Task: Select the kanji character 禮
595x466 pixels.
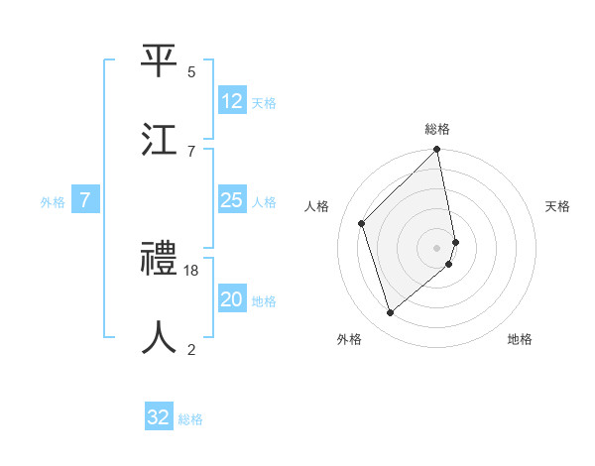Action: (160, 259)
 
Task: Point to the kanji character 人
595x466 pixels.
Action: (160, 337)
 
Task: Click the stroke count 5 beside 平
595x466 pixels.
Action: (191, 71)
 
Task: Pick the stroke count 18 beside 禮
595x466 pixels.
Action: (191, 271)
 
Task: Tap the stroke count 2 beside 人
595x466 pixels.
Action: (191, 349)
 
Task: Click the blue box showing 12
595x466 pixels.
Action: (232, 101)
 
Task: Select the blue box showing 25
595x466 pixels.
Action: (232, 200)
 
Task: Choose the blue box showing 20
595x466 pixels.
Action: (232, 299)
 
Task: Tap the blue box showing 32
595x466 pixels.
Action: (159, 417)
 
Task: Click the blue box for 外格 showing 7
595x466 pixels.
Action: (85, 200)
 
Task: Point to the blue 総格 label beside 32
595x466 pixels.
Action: (190, 419)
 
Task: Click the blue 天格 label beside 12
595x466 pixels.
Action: (264, 103)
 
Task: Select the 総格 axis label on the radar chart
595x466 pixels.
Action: (437, 129)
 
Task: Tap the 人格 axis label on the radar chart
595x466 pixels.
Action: (317, 206)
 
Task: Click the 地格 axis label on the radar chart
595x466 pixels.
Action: (520, 339)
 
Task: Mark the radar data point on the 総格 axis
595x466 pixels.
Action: (437, 151)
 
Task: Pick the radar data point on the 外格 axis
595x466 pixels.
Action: (391, 313)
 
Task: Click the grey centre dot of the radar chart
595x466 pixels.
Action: (437, 247)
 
